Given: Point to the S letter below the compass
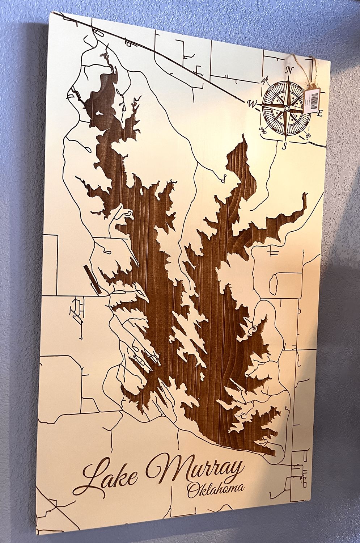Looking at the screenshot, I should click(284, 146).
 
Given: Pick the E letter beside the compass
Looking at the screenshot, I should click(319, 114).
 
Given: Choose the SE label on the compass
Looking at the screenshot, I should click(308, 136).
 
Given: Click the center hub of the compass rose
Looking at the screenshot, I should click(287, 108).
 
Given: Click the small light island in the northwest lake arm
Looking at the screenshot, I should click(99, 113).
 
